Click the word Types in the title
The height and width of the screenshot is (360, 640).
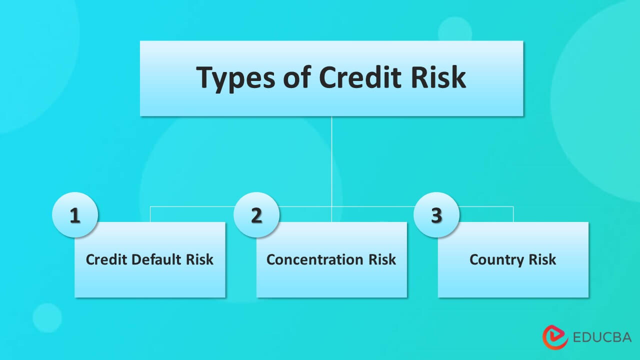pos(229,78)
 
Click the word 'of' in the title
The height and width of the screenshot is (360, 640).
pos(287,77)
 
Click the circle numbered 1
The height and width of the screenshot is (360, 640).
pos(75,215)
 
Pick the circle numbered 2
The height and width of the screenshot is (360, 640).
pos(256,215)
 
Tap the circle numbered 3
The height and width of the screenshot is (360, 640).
pos(436,215)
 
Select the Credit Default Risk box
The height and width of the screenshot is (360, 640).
pos(150,275)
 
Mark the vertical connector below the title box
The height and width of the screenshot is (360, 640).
pos(331,160)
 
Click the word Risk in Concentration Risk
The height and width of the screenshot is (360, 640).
pos(382,260)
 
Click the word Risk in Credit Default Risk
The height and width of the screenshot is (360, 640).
pos(200,260)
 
